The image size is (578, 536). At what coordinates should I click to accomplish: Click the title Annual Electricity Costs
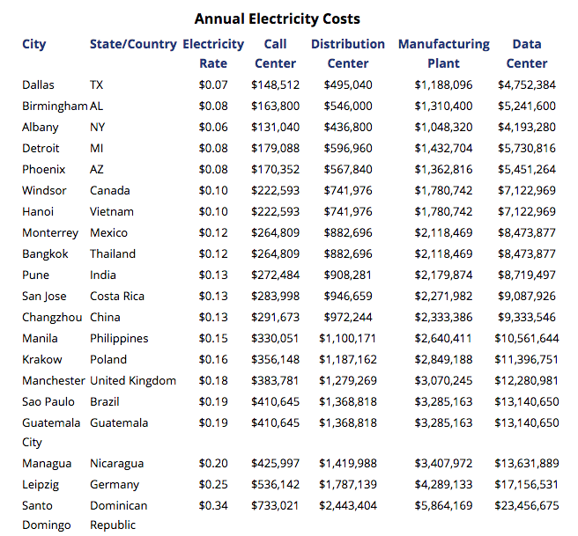click(x=277, y=18)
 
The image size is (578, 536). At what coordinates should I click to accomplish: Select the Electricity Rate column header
click(x=213, y=54)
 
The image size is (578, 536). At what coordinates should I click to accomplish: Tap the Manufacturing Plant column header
click(x=443, y=54)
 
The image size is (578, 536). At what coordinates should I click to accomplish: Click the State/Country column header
click(x=132, y=44)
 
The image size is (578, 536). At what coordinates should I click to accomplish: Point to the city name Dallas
click(x=38, y=85)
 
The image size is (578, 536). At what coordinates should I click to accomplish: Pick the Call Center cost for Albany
click(x=275, y=128)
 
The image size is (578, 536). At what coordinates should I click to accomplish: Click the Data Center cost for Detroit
click(x=526, y=149)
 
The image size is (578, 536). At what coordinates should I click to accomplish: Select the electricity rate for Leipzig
click(x=213, y=485)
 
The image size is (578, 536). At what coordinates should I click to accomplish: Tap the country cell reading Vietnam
click(x=112, y=212)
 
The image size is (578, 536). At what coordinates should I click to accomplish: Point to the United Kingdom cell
click(x=133, y=381)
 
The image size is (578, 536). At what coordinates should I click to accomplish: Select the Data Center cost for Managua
click(x=526, y=464)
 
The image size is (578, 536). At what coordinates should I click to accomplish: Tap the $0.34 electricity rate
click(x=213, y=506)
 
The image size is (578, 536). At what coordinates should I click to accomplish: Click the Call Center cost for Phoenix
click(x=275, y=170)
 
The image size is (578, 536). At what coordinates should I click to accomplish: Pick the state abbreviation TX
click(x=97, y=85)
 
